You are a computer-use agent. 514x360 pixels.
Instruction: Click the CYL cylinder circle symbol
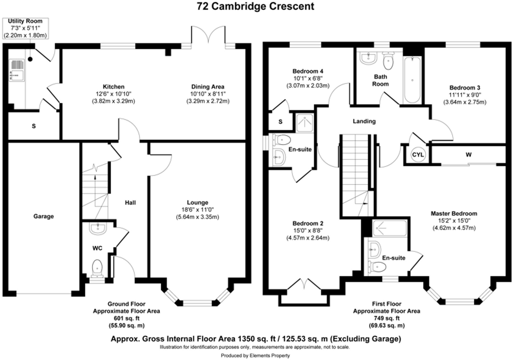pyautogui.click(x=418, y=155)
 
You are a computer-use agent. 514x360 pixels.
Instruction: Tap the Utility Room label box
pyautogui.click(x=25, y=28)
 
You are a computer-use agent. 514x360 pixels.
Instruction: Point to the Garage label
pyautogui.click(x=43, y=216)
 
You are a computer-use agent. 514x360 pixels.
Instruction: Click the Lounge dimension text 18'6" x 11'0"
pyautogui.click(x=197, y=210)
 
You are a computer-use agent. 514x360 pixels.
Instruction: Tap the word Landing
pyautogui.click(x=364, y=121)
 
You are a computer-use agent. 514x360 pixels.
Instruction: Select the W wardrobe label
pyautogui.click(x=468, y=155)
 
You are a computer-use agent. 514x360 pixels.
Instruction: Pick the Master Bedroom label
pyautogui.click(x=454, y=214)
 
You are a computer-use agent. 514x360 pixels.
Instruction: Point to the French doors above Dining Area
pyautogui.click(x=208, y=35)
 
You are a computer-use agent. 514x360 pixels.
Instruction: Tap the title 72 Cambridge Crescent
pyautogui.click(x=255, y=6)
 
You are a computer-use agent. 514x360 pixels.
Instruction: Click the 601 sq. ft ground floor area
pyautogui.click(x=126, y=318)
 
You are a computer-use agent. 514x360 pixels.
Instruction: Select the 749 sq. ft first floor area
pyautogui.click(x=387, y=318)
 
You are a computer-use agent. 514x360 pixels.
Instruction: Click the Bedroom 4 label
pyautogui.click(x=308, y=71)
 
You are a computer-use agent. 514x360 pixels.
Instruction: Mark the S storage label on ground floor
pyautogui.click(x=34, y=126)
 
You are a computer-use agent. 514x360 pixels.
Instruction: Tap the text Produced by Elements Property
pyautogui.click(x=255, y=356)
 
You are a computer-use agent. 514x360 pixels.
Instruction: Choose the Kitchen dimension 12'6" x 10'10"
pyautogui.click(x=113, y=94)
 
